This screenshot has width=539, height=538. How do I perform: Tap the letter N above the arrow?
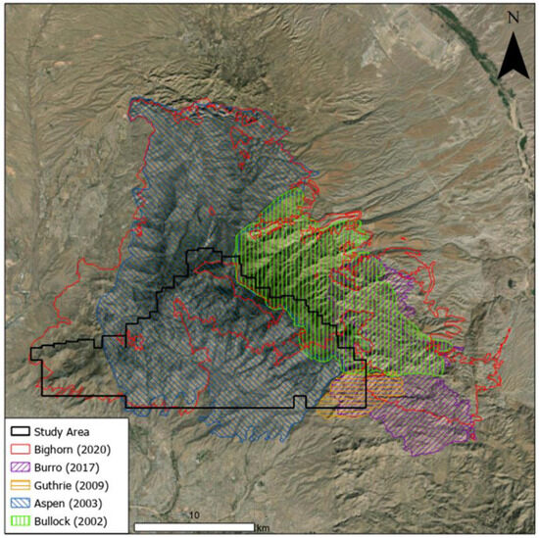point(512,18)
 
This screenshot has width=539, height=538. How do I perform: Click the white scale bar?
point(195,528)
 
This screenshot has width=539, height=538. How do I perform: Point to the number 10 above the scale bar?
point(195,515)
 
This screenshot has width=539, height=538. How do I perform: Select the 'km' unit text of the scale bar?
point(263,528)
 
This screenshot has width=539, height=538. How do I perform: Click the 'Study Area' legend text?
point(62,430)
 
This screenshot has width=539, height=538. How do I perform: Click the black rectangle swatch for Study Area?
point(19,430)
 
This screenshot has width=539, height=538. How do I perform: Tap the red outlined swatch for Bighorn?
point(19,448)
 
